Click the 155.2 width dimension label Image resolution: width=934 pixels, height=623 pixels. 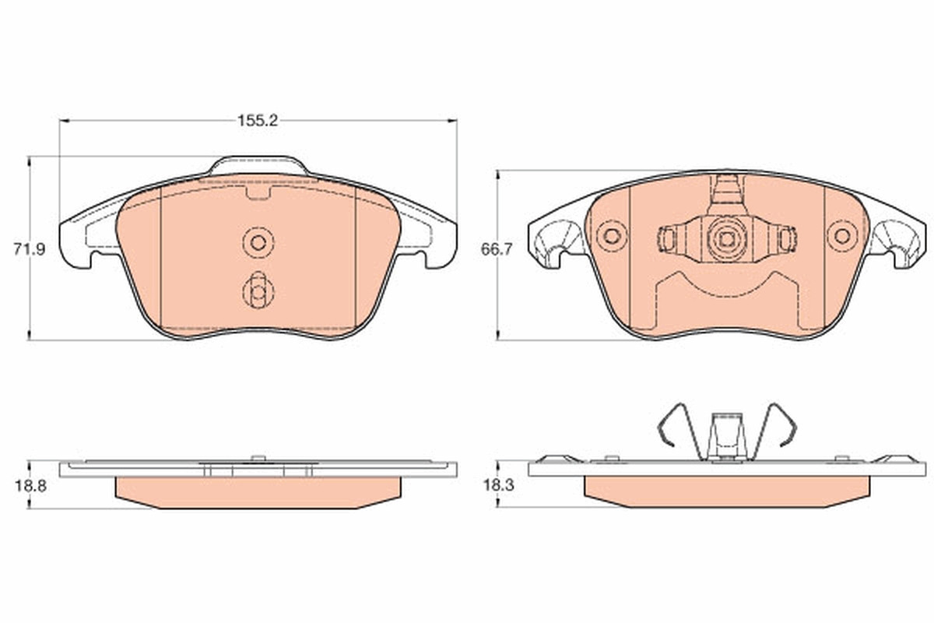click(x=258, y=121)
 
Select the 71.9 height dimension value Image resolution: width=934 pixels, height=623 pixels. click(x=30, y=249)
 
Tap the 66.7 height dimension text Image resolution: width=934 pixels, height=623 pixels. click(x=497, y=249)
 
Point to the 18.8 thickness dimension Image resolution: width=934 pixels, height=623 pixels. click(x=31, y=486)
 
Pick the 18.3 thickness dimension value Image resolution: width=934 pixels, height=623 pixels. click(x=499, y=485)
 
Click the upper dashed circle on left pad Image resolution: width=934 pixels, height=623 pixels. click(x=258, y=242)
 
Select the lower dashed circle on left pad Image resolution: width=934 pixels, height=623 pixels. click(x=258, y=293)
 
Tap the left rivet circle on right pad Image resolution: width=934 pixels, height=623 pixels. click(x=612, y=236)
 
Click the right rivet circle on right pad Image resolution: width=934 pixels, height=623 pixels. click(x=842, y=236)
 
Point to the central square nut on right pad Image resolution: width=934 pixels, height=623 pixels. click(x=727, y=239)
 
